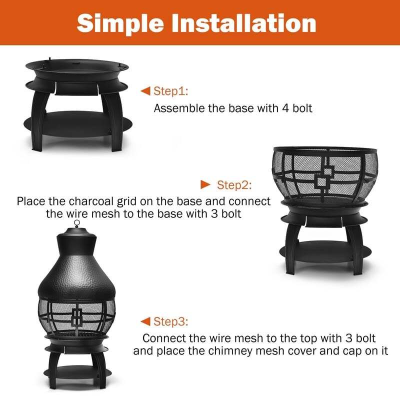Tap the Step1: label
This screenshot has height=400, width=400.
click(x=170, y=91)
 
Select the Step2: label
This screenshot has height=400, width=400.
click(x=234, y=185)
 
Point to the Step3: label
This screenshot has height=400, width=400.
click(x=170, y=321)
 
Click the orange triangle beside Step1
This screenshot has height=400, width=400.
click(x=145, y=91)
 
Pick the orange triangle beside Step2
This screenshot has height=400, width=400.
click(x=205, y=184)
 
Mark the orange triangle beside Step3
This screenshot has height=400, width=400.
click(x=145, y=320)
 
